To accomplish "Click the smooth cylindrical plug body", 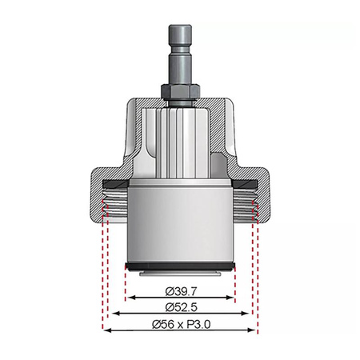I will click(179, 224).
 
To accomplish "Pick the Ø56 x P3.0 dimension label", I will click(179, 324).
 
